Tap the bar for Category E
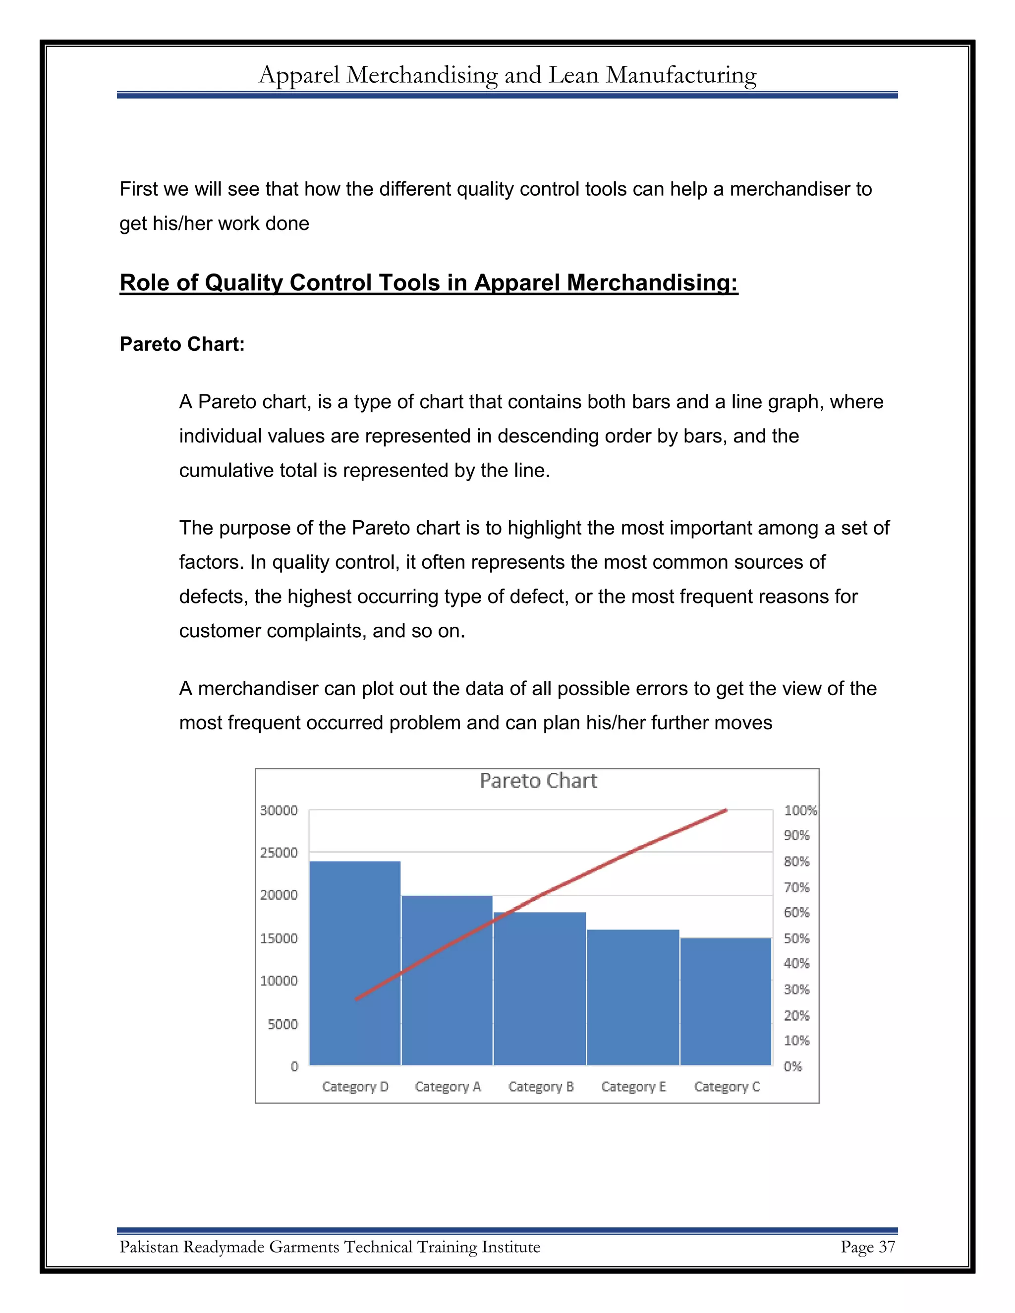pyautogui.click(x=632, y=997)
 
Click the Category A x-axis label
pyautogui.click(x=448, y=1087)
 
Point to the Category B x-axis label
pyautogui.click(x=541, y=1087)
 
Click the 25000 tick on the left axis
pyautogui.click(x=279, y=853)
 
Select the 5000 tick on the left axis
pyautogui.click(x=282, y=1024)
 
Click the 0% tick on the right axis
pyautogui.click(x=792, y=1067)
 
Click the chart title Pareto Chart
pyautogui.click(x=538, y=781)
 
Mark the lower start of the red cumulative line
pyautogui.click(x=356, y=999)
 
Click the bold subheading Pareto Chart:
pyautogui.click(x=182, y=344)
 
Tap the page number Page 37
pyautogui.click(x=867, y=1247)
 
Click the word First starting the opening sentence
pyautogui.click(x=138, y=189)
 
